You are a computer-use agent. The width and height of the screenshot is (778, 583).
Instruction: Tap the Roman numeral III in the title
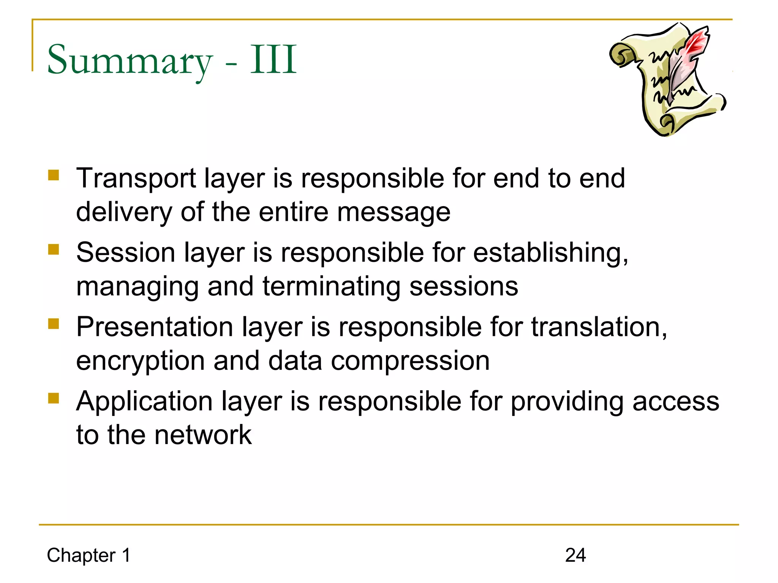(x=273, y=60)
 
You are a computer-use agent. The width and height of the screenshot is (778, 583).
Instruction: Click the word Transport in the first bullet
(x=136, y=178)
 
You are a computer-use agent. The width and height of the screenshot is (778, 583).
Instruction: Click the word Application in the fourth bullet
(x=145, y=402)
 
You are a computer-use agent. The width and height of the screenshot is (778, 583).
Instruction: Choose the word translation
(x=599, y=327)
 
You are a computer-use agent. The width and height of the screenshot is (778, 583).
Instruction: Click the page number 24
(x=575, y=555)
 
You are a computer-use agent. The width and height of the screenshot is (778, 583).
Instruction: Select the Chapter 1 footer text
(x=89, y=555)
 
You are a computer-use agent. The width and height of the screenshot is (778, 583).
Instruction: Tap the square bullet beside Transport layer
(x=54, y=175)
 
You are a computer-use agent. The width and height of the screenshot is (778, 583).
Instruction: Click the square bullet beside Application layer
(x=54, y=398)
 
